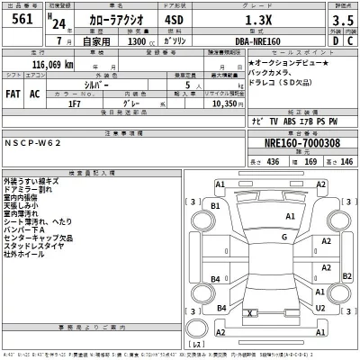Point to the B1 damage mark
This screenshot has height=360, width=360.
(x=216, y=206)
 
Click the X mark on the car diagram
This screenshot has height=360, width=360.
(x=247, y=313)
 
